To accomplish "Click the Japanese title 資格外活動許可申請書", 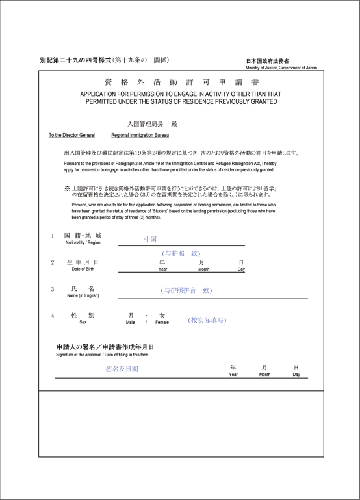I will click(181, 82).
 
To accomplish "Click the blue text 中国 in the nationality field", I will click(151, 240).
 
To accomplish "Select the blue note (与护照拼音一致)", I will click(186, 290).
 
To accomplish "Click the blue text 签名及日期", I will click(122, 369).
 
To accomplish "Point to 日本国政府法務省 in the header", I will click(268, 62).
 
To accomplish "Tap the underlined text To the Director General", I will click(72, 136).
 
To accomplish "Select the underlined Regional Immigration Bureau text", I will click(140, 136).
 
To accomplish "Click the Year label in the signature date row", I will click(233, 374).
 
